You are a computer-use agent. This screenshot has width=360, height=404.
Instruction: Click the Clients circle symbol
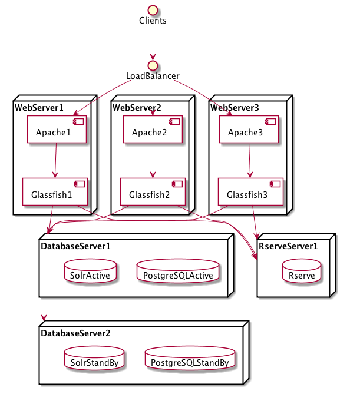pyautogui.click(x=153, y=9)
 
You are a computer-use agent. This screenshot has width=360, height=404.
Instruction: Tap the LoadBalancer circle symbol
pyautogui.click(x=153, y=64)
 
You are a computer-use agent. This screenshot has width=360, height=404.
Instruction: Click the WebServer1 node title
pyautogui.click(x=39, y=108)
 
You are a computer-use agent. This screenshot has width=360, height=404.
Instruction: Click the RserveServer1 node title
pyautogui.click(x=287, y=246)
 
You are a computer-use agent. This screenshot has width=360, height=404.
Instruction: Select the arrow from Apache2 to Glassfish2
pyautogui.click(x=153, y=160)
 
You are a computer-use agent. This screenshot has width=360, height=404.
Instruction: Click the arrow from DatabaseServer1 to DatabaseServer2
pyautogui.click(x=43, y=310)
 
